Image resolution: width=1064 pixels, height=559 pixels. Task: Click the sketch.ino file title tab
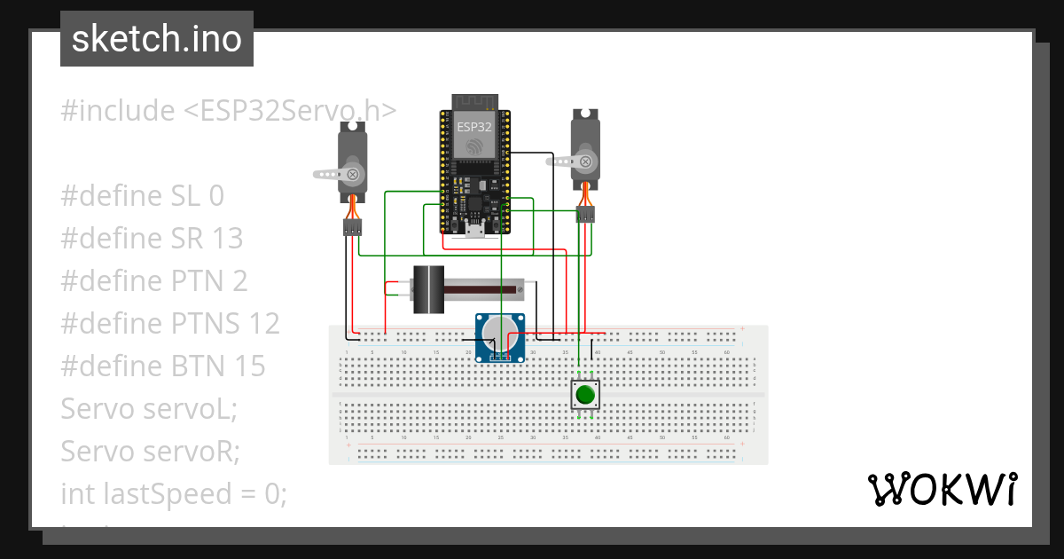click(x=157, y=39)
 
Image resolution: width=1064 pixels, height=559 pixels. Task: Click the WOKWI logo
click(x=942, y=490)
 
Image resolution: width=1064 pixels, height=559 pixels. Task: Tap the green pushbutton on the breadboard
click(x=583, y=395)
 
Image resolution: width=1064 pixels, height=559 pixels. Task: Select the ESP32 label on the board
click(x=474, y=127)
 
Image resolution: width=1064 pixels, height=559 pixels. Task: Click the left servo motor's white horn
click(x=338, y=174)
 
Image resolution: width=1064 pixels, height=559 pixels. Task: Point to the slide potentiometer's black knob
click(x=430, y=289)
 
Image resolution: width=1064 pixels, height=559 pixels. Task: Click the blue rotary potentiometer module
click(x=501, y=338)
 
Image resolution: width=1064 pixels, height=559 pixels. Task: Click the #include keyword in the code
click(x=118, y=111)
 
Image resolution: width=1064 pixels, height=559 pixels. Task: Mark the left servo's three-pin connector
click(x=353, y=228)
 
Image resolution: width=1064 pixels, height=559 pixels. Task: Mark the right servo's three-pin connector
click(x=585, y=215)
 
